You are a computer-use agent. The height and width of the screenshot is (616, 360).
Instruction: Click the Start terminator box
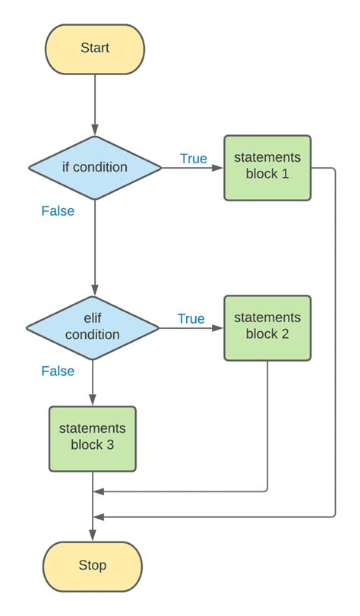point(95,49)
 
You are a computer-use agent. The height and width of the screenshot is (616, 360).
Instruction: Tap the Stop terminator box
point(93,567)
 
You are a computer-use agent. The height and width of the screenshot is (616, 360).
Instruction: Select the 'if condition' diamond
point(95,168)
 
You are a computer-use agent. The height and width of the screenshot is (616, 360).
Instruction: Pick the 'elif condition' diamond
point(93,327)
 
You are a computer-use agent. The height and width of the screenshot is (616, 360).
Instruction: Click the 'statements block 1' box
point(267,168)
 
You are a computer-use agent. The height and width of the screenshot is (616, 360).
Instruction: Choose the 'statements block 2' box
point(267,328)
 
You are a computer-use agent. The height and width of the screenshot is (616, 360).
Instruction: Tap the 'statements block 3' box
point(93,439)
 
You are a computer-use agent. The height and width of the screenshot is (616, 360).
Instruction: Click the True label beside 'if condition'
point(194,158)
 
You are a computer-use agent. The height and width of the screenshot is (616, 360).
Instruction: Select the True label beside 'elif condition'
point(191,318)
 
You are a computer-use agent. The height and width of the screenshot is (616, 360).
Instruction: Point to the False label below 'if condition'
point(58,211)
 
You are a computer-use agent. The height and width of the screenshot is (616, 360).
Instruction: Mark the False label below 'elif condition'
point(58,371)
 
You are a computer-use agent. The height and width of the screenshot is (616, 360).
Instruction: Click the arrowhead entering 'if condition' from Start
point(95,130)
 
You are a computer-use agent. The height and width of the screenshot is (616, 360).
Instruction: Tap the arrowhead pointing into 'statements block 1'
point(218,168)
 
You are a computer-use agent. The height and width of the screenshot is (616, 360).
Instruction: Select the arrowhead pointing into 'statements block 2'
point(218,327)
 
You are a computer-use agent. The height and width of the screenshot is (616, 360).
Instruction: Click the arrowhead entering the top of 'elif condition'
point(94,290)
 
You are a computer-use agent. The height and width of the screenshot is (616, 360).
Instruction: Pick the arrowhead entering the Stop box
point(93,535)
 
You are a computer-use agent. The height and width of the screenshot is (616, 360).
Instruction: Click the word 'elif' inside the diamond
point(93,317)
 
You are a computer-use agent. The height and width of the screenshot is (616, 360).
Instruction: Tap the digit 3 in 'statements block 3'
point(110,444)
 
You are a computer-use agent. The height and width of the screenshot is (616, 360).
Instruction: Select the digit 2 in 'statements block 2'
point(285,334)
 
